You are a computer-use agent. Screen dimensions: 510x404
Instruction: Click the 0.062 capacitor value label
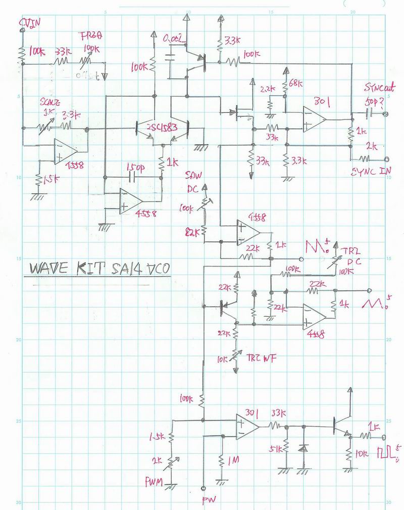(175, 38)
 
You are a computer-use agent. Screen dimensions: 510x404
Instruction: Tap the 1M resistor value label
(233, 460)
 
